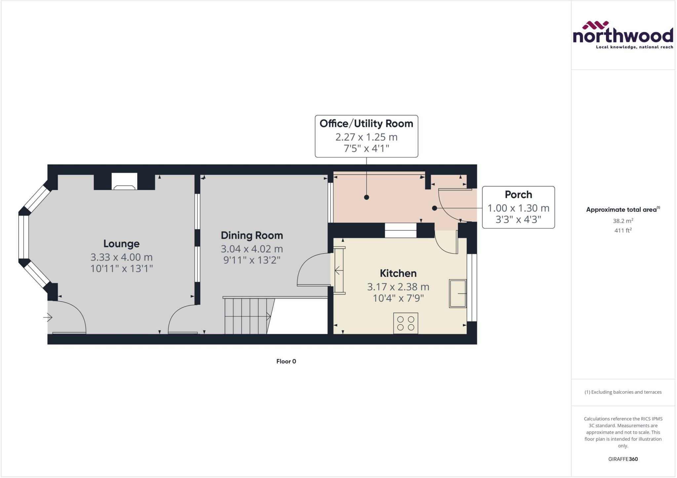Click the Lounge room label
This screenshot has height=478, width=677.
(121, 244)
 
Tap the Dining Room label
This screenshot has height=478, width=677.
(252, 236)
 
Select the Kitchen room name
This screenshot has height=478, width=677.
(398, 274)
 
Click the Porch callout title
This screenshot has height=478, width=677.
(518, 195)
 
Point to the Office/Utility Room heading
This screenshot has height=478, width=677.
(366, 124)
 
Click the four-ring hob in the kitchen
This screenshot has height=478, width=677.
(406, 323)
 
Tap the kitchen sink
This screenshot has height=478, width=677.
(458, 294)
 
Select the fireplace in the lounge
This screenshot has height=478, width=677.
(124, 181)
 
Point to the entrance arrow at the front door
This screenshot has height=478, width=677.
(48, 318)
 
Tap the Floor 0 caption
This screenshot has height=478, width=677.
(286, 361)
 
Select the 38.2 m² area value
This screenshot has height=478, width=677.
(623, 221)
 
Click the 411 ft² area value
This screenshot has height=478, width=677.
(623, 231)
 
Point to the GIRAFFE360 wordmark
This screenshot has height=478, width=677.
(623, 459)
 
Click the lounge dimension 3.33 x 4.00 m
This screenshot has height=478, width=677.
(121, 257)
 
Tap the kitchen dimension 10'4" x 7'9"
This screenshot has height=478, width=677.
(398, 298)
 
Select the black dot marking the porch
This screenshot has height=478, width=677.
(434, 208)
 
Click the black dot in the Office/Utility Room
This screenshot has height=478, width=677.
(366, 197)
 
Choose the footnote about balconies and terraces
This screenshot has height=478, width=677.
(623, 392)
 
